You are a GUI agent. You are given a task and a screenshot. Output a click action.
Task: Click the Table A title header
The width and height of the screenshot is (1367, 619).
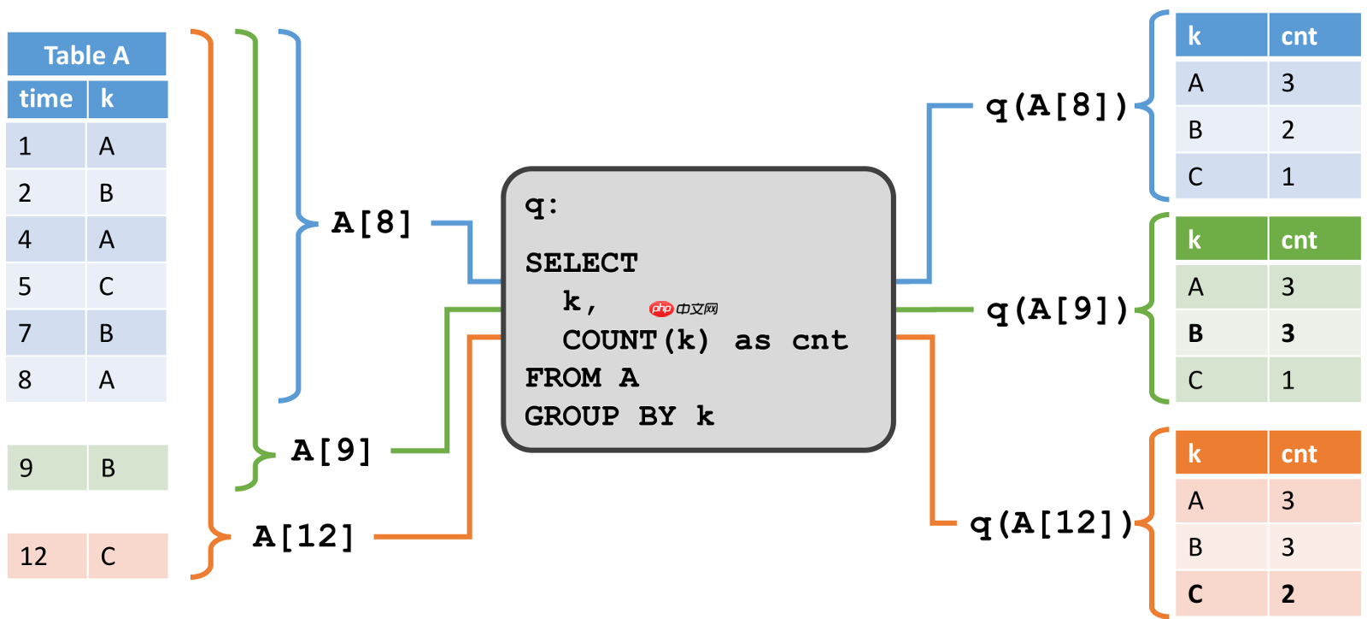[x=86, y=56]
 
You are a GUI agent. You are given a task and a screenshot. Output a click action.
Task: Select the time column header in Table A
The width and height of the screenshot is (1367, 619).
[x=46, y=99]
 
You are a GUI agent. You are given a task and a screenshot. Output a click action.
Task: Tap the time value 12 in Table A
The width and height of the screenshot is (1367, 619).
[x=33, y=557]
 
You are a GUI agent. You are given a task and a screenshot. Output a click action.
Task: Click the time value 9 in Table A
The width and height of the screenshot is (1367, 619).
[x=26, y=468]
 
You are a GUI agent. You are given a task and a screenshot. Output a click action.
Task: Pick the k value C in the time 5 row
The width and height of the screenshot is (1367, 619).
[x=106, y=286]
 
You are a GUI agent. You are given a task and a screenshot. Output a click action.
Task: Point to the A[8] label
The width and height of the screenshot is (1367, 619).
[x=372, y=223]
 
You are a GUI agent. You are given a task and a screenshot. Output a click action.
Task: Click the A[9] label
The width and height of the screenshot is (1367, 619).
[x=331, y=451]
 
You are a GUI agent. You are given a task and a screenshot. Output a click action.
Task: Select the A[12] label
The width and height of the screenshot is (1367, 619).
[x=303, y=537]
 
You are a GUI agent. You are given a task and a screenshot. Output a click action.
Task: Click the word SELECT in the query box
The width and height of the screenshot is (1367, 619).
[x=581, y=263]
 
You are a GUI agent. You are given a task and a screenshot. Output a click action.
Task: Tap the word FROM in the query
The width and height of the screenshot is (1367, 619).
[x=563, y=377]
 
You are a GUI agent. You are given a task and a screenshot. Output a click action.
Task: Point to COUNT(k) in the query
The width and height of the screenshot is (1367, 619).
[x=636, y=340]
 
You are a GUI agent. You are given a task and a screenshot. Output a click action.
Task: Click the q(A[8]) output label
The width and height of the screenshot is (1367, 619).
[x=1057, y=106]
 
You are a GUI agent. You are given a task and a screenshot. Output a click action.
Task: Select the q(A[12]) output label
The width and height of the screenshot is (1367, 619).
[x=1051, y=523]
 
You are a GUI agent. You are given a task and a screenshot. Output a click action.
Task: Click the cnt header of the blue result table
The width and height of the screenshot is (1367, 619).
[x=1299, y=37]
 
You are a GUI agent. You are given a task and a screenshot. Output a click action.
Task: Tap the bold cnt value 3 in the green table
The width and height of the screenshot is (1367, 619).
[x=1288, y=333]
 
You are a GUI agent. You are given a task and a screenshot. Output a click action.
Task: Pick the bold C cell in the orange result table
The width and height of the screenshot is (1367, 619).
[x=1195, y=594]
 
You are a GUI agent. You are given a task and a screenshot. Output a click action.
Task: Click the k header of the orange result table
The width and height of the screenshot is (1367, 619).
[x=1194, y=454]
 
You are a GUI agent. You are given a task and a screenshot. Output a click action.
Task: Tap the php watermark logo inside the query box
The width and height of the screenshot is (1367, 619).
[x=661, y=309]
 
